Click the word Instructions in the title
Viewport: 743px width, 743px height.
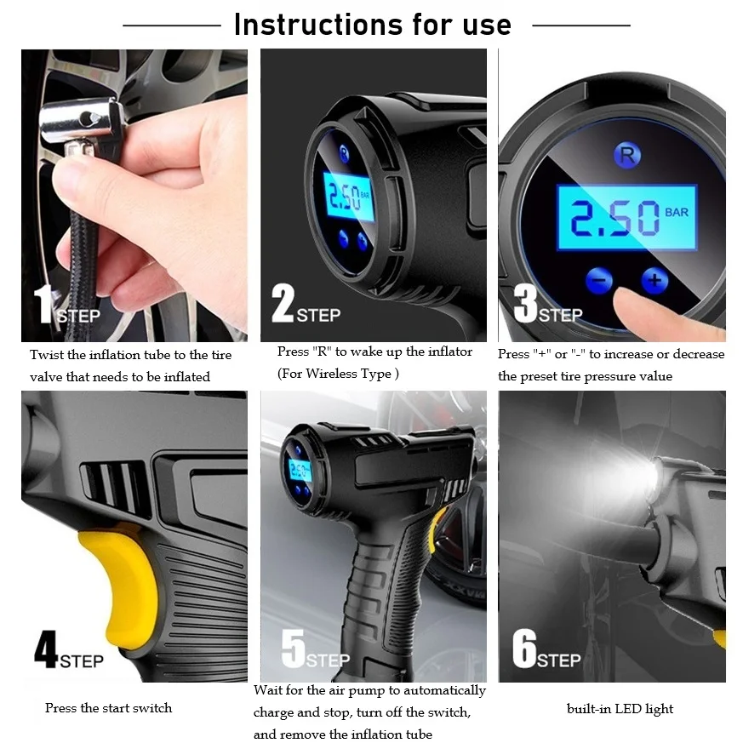pos(318,25)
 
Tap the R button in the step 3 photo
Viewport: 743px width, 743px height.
pos(627,155)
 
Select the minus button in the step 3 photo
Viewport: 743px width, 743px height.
pos(599,280)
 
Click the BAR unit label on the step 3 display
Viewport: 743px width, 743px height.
pos(677,212)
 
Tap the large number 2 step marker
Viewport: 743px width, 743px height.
pos(283,303)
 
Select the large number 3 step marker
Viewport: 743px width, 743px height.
pos(525,303)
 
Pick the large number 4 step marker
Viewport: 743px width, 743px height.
pos(46,649)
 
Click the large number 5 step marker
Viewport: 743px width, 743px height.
pos(294,649)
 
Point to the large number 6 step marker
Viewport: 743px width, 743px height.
pos(524,649)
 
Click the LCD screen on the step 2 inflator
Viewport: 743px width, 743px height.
pos(349,197)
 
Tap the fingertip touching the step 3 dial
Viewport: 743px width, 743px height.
pos(630,301)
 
